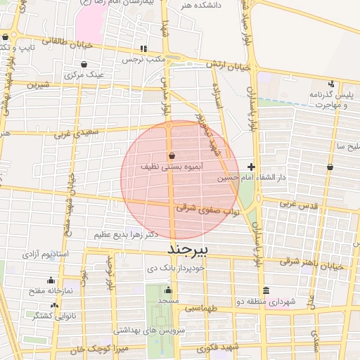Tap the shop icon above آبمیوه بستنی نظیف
coord(172,155)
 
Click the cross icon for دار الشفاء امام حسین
coord(252,167)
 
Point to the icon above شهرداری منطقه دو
coord(266,290)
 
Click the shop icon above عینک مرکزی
coord(84,63)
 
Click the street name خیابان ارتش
coord(228,65)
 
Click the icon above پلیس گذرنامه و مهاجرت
coord(332,83)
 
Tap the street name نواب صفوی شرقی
coord(207,208)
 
